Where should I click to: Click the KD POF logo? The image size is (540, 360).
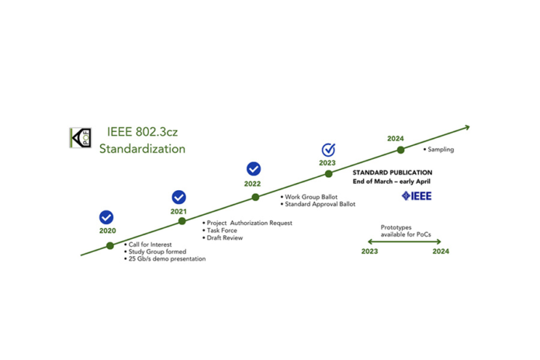click(80, 138)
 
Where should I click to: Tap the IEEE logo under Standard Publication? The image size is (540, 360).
click(417, 196)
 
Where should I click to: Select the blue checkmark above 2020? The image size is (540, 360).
click(106, 217)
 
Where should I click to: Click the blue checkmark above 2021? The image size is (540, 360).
click(178, 197)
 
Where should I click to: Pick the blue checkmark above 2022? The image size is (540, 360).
click(254, 169)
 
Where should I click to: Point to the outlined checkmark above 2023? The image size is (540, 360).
click(328, 150)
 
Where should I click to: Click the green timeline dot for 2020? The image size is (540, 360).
click(110, 246)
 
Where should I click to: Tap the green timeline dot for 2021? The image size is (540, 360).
click(182, 221)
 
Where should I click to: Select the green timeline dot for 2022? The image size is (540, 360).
click(255, 197)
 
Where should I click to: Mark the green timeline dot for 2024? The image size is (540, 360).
click(400, 150)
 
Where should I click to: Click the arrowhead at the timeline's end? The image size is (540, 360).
click(467, 127)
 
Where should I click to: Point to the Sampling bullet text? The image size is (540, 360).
click(438, 150)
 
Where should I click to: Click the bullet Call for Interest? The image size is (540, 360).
click(147, 244)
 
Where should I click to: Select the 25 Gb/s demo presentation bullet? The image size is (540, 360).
click(165, 258)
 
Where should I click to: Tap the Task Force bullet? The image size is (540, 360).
click(220, 230)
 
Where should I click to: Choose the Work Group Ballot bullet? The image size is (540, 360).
click(309, 197)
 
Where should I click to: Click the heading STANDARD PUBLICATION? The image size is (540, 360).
click(393, 172)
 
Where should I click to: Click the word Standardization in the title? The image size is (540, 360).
click(142, 149)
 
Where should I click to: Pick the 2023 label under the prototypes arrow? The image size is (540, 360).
click(369, 251)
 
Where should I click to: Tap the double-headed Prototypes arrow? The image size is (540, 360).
click(404, 241)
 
